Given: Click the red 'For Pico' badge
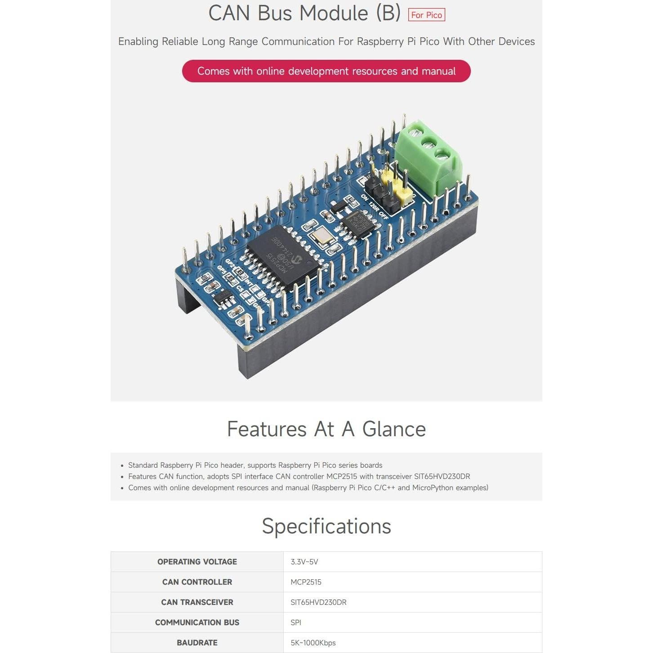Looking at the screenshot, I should tap(426, 15).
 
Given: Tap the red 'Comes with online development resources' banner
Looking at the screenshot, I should tap(326, 71).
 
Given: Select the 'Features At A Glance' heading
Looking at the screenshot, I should tap(326, 429).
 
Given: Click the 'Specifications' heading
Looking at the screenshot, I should tap(326, 526).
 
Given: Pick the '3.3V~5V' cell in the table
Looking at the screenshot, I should tap(304, 562).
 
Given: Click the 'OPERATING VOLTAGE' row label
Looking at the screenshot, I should tap(197, 562).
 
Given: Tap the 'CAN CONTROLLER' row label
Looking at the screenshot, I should tap(197, 582).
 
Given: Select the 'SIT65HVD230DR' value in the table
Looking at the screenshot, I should tap(318, 602).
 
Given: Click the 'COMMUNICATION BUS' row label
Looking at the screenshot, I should tap(197, 622).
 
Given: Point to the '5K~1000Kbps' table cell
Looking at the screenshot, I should tap(313, 643).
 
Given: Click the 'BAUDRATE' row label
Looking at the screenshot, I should tap(197, 643).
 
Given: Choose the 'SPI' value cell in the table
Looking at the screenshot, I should tap(296, 622).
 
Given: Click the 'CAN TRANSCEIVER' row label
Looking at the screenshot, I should tap(197, 602).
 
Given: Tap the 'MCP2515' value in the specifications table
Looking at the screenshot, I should tap(306, 582).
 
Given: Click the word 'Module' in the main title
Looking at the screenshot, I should tap(334, 13).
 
